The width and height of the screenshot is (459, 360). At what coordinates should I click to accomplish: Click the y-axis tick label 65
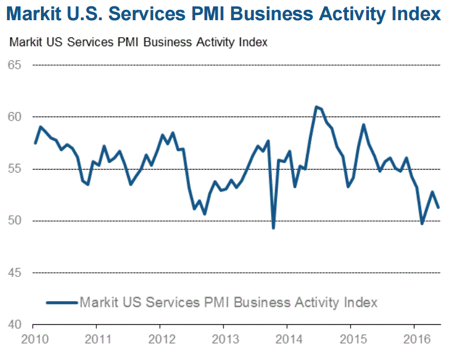point(15,65)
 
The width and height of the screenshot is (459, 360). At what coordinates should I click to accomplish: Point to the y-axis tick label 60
point(15,117)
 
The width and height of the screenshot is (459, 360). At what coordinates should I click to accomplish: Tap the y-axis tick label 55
point(15,169)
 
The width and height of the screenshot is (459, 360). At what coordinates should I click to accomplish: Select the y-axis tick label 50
point(15,221)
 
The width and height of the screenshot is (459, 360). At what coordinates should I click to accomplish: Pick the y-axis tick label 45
point(15,272)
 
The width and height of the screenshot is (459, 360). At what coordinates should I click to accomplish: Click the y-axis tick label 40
point(15,324)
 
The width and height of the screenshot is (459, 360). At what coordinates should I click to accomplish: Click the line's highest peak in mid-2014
point(316,107)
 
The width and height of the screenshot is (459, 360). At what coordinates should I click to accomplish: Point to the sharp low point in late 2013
point(273,228)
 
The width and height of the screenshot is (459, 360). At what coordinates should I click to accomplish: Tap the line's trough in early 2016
point(422,223)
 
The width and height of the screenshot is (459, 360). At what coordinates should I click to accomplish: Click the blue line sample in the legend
point(62,302)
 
